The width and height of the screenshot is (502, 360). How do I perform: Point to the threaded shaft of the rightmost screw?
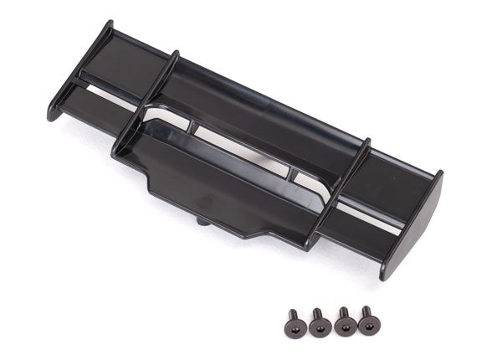point(367,327)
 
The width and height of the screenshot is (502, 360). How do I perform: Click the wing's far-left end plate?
point(79,71)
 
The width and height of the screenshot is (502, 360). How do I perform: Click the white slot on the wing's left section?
point(105,92)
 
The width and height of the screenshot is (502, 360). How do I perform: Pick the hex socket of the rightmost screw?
point(366,312)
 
